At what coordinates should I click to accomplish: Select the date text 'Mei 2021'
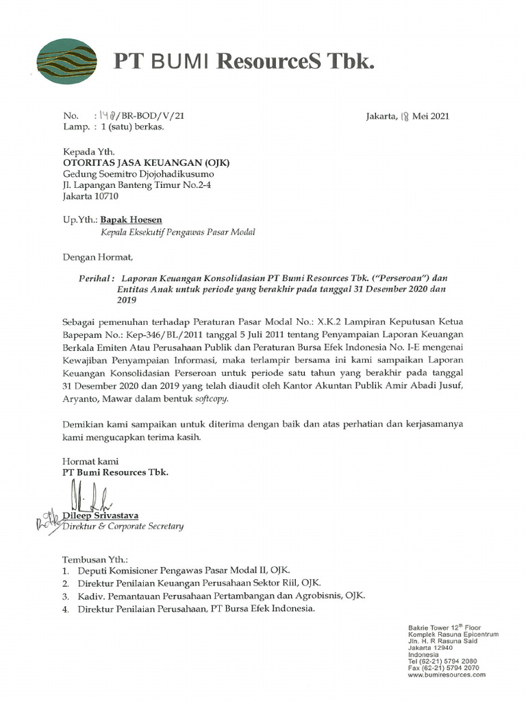pos(431,117)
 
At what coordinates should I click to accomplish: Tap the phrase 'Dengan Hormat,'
pos(95,258)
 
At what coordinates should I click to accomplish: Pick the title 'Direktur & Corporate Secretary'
pos(123,526)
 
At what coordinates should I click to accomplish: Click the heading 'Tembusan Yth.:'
pos(95,559)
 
